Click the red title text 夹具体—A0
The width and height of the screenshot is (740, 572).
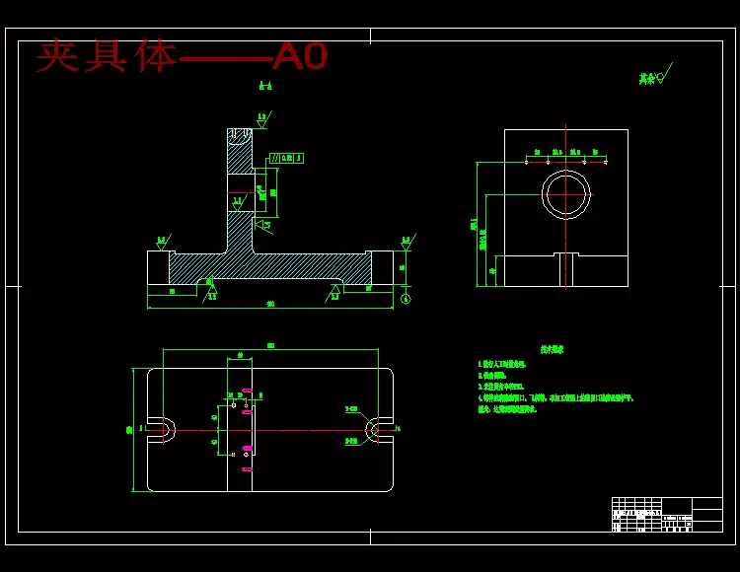[x=182, y=56]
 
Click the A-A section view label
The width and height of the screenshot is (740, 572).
[x=265, y=87]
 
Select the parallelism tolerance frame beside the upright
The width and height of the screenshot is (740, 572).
[x=286, y=158]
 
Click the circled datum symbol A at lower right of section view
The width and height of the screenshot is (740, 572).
[x=405, y=299]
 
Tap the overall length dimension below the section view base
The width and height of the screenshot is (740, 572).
[x=270, y=304]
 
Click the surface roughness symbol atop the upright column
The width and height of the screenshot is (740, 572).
[x=262, y=119]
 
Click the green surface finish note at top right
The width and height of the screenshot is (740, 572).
[x=651, y=77]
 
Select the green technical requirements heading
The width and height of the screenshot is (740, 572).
[x=552, y=349]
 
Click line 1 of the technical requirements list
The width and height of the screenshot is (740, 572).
[x=509, y=364]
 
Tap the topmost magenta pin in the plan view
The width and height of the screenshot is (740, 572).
[x=247, y=392]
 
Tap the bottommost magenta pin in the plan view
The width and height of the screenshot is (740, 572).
[x=247, y=469]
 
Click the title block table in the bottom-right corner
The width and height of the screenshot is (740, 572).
[x=667, y=514]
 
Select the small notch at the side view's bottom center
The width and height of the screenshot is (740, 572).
[x=565, y=269]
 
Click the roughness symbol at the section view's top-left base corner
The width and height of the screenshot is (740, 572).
[x=161, y=242]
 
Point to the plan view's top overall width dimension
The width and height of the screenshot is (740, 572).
[x=270, y=346]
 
